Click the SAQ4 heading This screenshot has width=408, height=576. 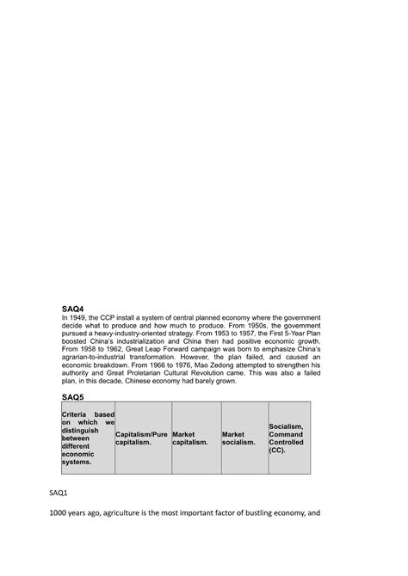pos(72,308)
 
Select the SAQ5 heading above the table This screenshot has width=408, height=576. pos(72,395)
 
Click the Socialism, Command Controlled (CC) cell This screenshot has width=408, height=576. pos(287,438)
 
